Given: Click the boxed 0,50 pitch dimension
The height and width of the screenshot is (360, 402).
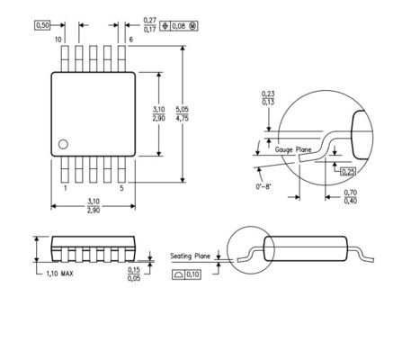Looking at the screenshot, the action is tap(42, 25).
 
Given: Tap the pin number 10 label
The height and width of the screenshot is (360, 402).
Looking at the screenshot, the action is tap(58, 40).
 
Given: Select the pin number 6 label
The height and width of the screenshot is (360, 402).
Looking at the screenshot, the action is tap(130, 40).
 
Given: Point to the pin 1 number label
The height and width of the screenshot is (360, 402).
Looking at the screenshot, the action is tap(65, 188).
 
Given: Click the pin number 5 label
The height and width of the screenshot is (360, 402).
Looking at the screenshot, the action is tap(121, 188).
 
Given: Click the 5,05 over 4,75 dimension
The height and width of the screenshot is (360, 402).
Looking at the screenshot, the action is tap(183, 113).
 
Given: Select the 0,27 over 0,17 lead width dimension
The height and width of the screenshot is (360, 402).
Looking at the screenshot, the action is tap(149, 25).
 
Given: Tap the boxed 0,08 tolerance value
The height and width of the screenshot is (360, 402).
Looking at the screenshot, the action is tap(179, 26).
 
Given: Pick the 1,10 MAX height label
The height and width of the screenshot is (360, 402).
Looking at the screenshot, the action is tap(59, 274).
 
